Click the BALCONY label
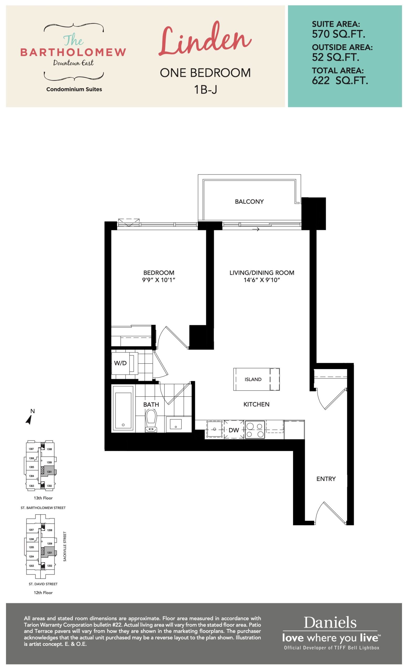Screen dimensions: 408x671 (249, 202)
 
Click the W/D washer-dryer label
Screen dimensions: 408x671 (120, 363)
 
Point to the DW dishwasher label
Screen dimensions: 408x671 (234, 430)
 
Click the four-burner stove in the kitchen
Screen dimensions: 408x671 (255, 430)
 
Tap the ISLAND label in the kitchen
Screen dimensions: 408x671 (253, 379)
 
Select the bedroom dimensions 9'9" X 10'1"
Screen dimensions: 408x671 (159, 280)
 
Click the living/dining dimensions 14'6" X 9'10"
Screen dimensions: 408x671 (262, 280)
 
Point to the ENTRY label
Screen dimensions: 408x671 (326, 479)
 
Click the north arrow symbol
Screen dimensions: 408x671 (29, 420)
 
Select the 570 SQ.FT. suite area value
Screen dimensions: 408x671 (338, 34)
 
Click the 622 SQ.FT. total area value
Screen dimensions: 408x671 (340, 81)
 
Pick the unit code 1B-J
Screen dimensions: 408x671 (205, 89)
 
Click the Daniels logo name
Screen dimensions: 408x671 (330, 623)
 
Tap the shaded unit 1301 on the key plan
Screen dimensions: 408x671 (49, 471)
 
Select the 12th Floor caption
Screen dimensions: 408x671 (43, 593)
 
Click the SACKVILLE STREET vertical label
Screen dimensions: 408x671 (65, 546)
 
